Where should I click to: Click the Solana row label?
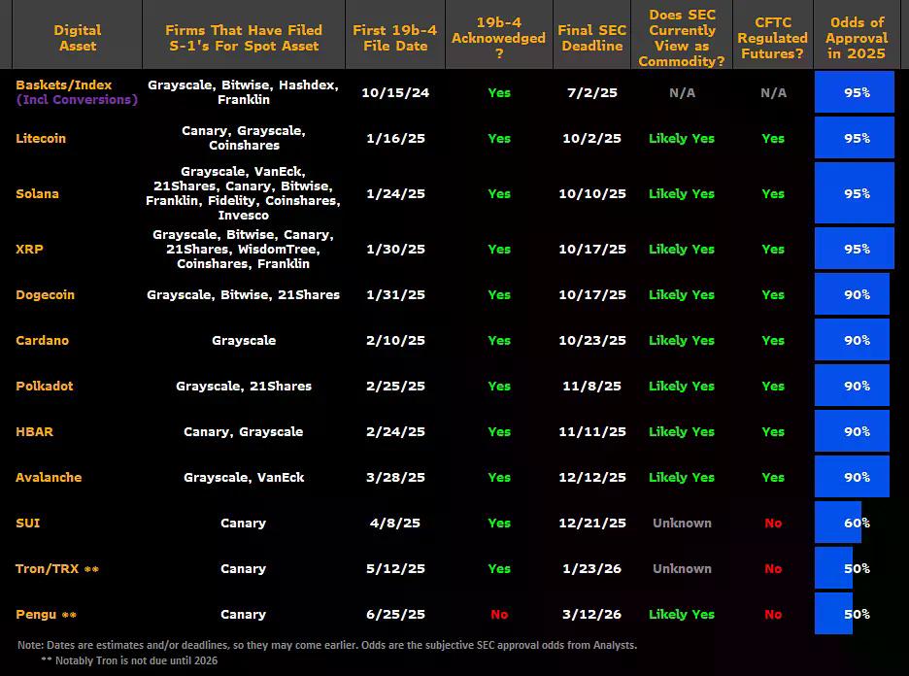pos(37,193)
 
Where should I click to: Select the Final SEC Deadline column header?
pos(591,38)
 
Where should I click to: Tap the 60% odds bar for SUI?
pos(841,523)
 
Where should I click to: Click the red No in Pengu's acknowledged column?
pos(499,614)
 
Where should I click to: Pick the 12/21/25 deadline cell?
pos(592,523)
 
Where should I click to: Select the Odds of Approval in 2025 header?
pos(857,38)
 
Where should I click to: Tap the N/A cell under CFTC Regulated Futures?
pos(773,92)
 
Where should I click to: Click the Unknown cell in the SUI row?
pos(682,523)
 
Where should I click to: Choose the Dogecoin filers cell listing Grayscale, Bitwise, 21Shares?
pos(243,294)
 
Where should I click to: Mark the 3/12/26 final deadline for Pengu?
pos(592,614)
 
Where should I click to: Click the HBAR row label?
pos(35,431)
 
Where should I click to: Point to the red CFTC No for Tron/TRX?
pos(773,568)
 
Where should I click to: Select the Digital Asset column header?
pos(77,38)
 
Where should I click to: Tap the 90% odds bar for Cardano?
pos(852,340)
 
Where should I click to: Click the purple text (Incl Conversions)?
pos(77,100)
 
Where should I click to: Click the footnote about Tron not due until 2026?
pos(129,660)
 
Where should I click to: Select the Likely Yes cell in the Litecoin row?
pos(682,138)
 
